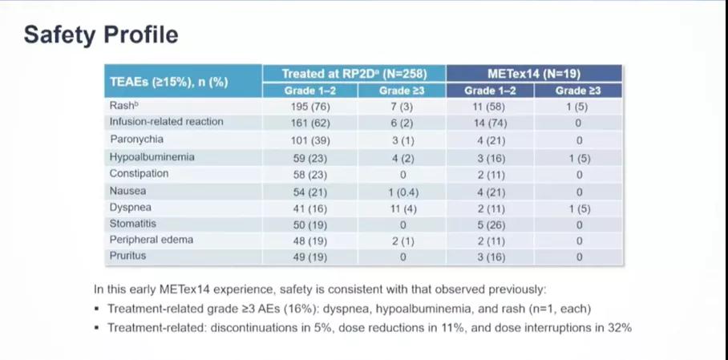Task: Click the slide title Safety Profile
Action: click(101, 35)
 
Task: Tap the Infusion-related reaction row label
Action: click(166, 122)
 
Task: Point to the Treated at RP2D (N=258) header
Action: click(354, 74)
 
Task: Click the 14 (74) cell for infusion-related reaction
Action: click(491, 123)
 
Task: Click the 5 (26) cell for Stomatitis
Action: click(491, 224)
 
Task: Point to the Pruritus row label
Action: click(128, 257)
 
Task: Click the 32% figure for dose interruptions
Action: click(621, 327)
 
